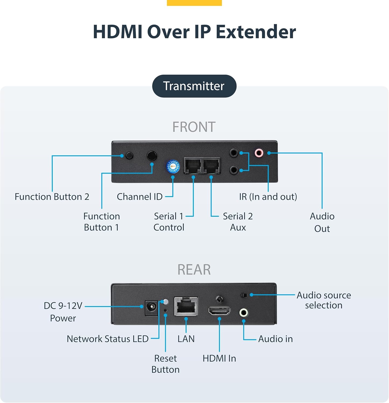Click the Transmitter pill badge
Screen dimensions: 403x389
(x=194, y=86)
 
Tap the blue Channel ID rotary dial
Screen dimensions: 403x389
(x=173, y=167)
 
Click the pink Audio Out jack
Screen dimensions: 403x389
(x=259, y=153)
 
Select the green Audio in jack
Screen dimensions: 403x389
(x=244, y=312)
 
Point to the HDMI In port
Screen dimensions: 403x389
(x=219, y=311)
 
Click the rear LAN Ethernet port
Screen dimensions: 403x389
(x=186, y=306)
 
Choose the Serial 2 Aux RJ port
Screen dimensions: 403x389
(x=212, y=165)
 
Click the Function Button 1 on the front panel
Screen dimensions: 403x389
(x=152, y=156)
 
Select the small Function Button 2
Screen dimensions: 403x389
(x=130, y=155)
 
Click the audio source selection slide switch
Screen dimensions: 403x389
(x=244, y=295)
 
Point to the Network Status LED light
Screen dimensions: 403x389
(x=166, y=302)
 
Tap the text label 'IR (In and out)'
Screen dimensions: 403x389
(x=268, y=197)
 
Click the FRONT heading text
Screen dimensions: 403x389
(x=194, y=127)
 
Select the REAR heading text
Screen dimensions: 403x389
(x=194, y=269)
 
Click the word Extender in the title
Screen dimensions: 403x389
(x=256, y=32)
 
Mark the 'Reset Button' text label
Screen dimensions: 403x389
(x=165, y=364)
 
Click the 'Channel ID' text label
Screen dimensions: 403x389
(x=140, y=197)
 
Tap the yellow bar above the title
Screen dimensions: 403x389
(x=194, y=3)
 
